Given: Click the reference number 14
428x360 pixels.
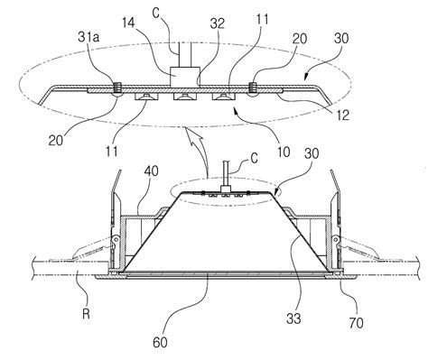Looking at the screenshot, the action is [x=129, y=23].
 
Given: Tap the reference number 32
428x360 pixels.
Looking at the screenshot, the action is [x=218, y=23].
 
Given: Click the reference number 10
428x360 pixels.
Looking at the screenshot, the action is [x=284, y=152].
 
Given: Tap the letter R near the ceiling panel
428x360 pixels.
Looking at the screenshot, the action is [x=86, y=314].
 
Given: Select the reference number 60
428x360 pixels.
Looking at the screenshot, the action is [x=160, y=342].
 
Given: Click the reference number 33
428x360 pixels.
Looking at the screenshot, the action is [x=293, y=318].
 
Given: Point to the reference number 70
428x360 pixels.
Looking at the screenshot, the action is [x=356, y=323].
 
